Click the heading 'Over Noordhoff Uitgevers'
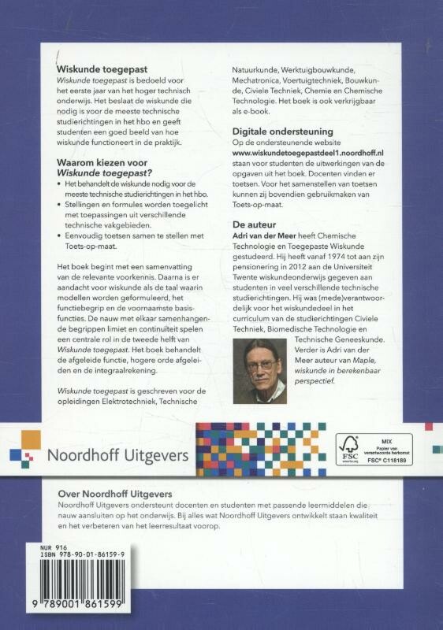pos(116,492)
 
